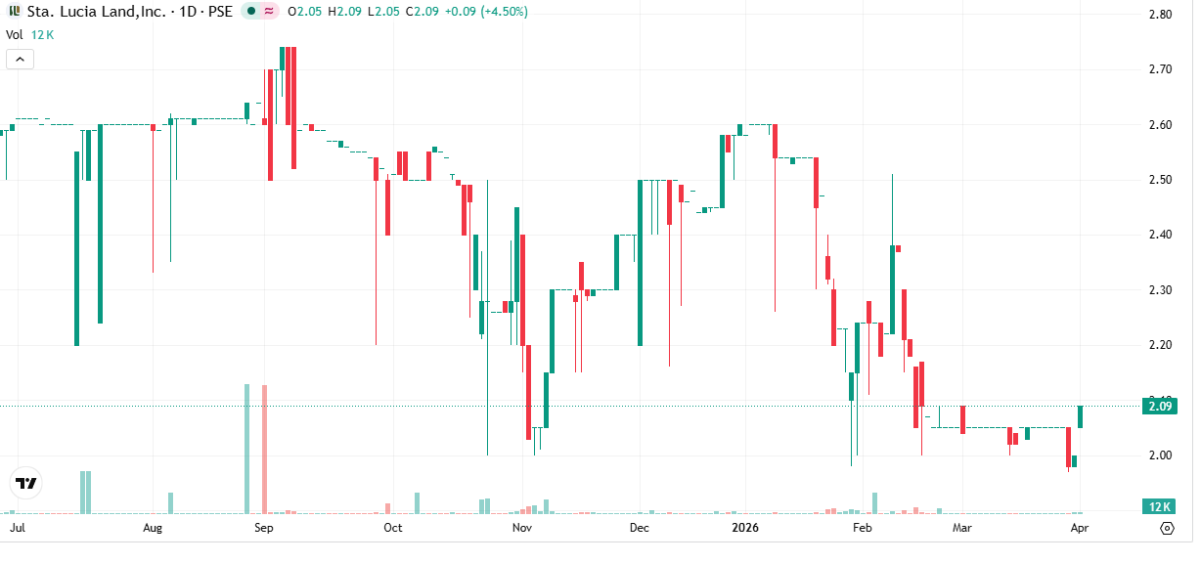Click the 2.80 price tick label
click(x=1161, y=15)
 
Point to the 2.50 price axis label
click(x=1161, y=180)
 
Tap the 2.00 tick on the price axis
click(x=1161, y=455)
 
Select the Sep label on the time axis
click(x=262, y=528)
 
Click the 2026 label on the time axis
click(x=747, y=528)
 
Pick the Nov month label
click(x=522, y=528)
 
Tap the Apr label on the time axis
click(x=1080, y=528)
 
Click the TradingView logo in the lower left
click(x=26, y=483)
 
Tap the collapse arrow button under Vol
click(x=20, y=60)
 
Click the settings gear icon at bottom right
click(x=1167, y=528)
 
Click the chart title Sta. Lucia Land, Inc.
click(x=95, y=12)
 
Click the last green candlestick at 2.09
click(x=1080, y=416)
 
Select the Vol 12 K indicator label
click(x=29, y=34)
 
